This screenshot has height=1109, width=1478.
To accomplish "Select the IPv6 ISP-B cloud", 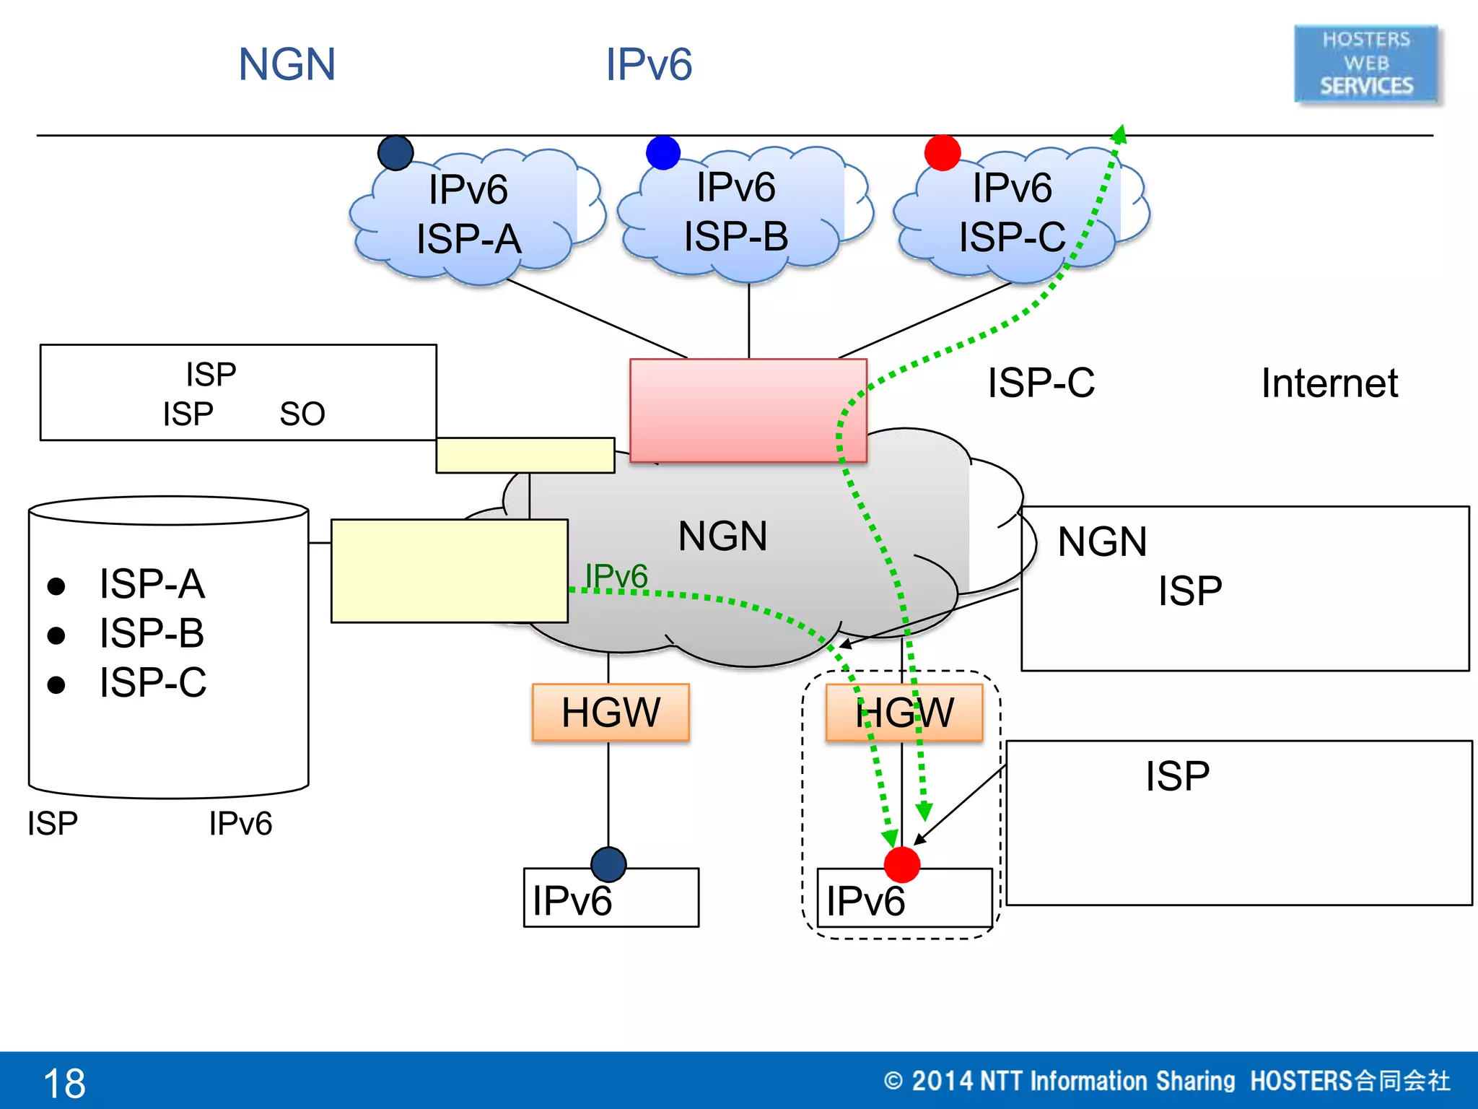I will tap(736, 212).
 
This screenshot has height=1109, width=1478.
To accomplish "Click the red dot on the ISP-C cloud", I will tap(943, 153).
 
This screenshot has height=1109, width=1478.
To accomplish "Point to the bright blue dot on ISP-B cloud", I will tap(663, 152).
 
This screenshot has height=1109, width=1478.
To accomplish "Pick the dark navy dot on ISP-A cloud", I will tap(395, 153).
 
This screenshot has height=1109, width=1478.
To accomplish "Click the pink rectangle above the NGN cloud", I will tap(748, 410).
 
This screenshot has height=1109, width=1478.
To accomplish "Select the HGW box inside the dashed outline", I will tap(904, 713).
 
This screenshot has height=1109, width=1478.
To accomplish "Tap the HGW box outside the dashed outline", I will tap(611, 713).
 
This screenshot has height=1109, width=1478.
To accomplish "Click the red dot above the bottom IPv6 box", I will tap(901, 865).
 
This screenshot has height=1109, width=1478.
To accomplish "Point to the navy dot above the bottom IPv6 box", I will tap(608, 864).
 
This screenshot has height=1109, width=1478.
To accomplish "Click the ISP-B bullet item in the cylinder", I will tap(152, 633).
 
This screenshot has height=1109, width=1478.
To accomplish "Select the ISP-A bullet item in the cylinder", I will tap(152, 583).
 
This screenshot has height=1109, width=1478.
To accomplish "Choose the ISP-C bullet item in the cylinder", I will tap(153, 682).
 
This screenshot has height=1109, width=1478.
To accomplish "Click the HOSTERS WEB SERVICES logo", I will tap(1366, 64).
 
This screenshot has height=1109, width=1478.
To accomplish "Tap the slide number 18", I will tap(64, 1083).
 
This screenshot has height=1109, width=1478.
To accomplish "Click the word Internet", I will tap(1329, 383).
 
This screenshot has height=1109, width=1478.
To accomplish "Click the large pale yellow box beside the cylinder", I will tap(449, 570).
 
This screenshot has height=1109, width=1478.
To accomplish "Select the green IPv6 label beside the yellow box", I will tap(616, 576).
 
